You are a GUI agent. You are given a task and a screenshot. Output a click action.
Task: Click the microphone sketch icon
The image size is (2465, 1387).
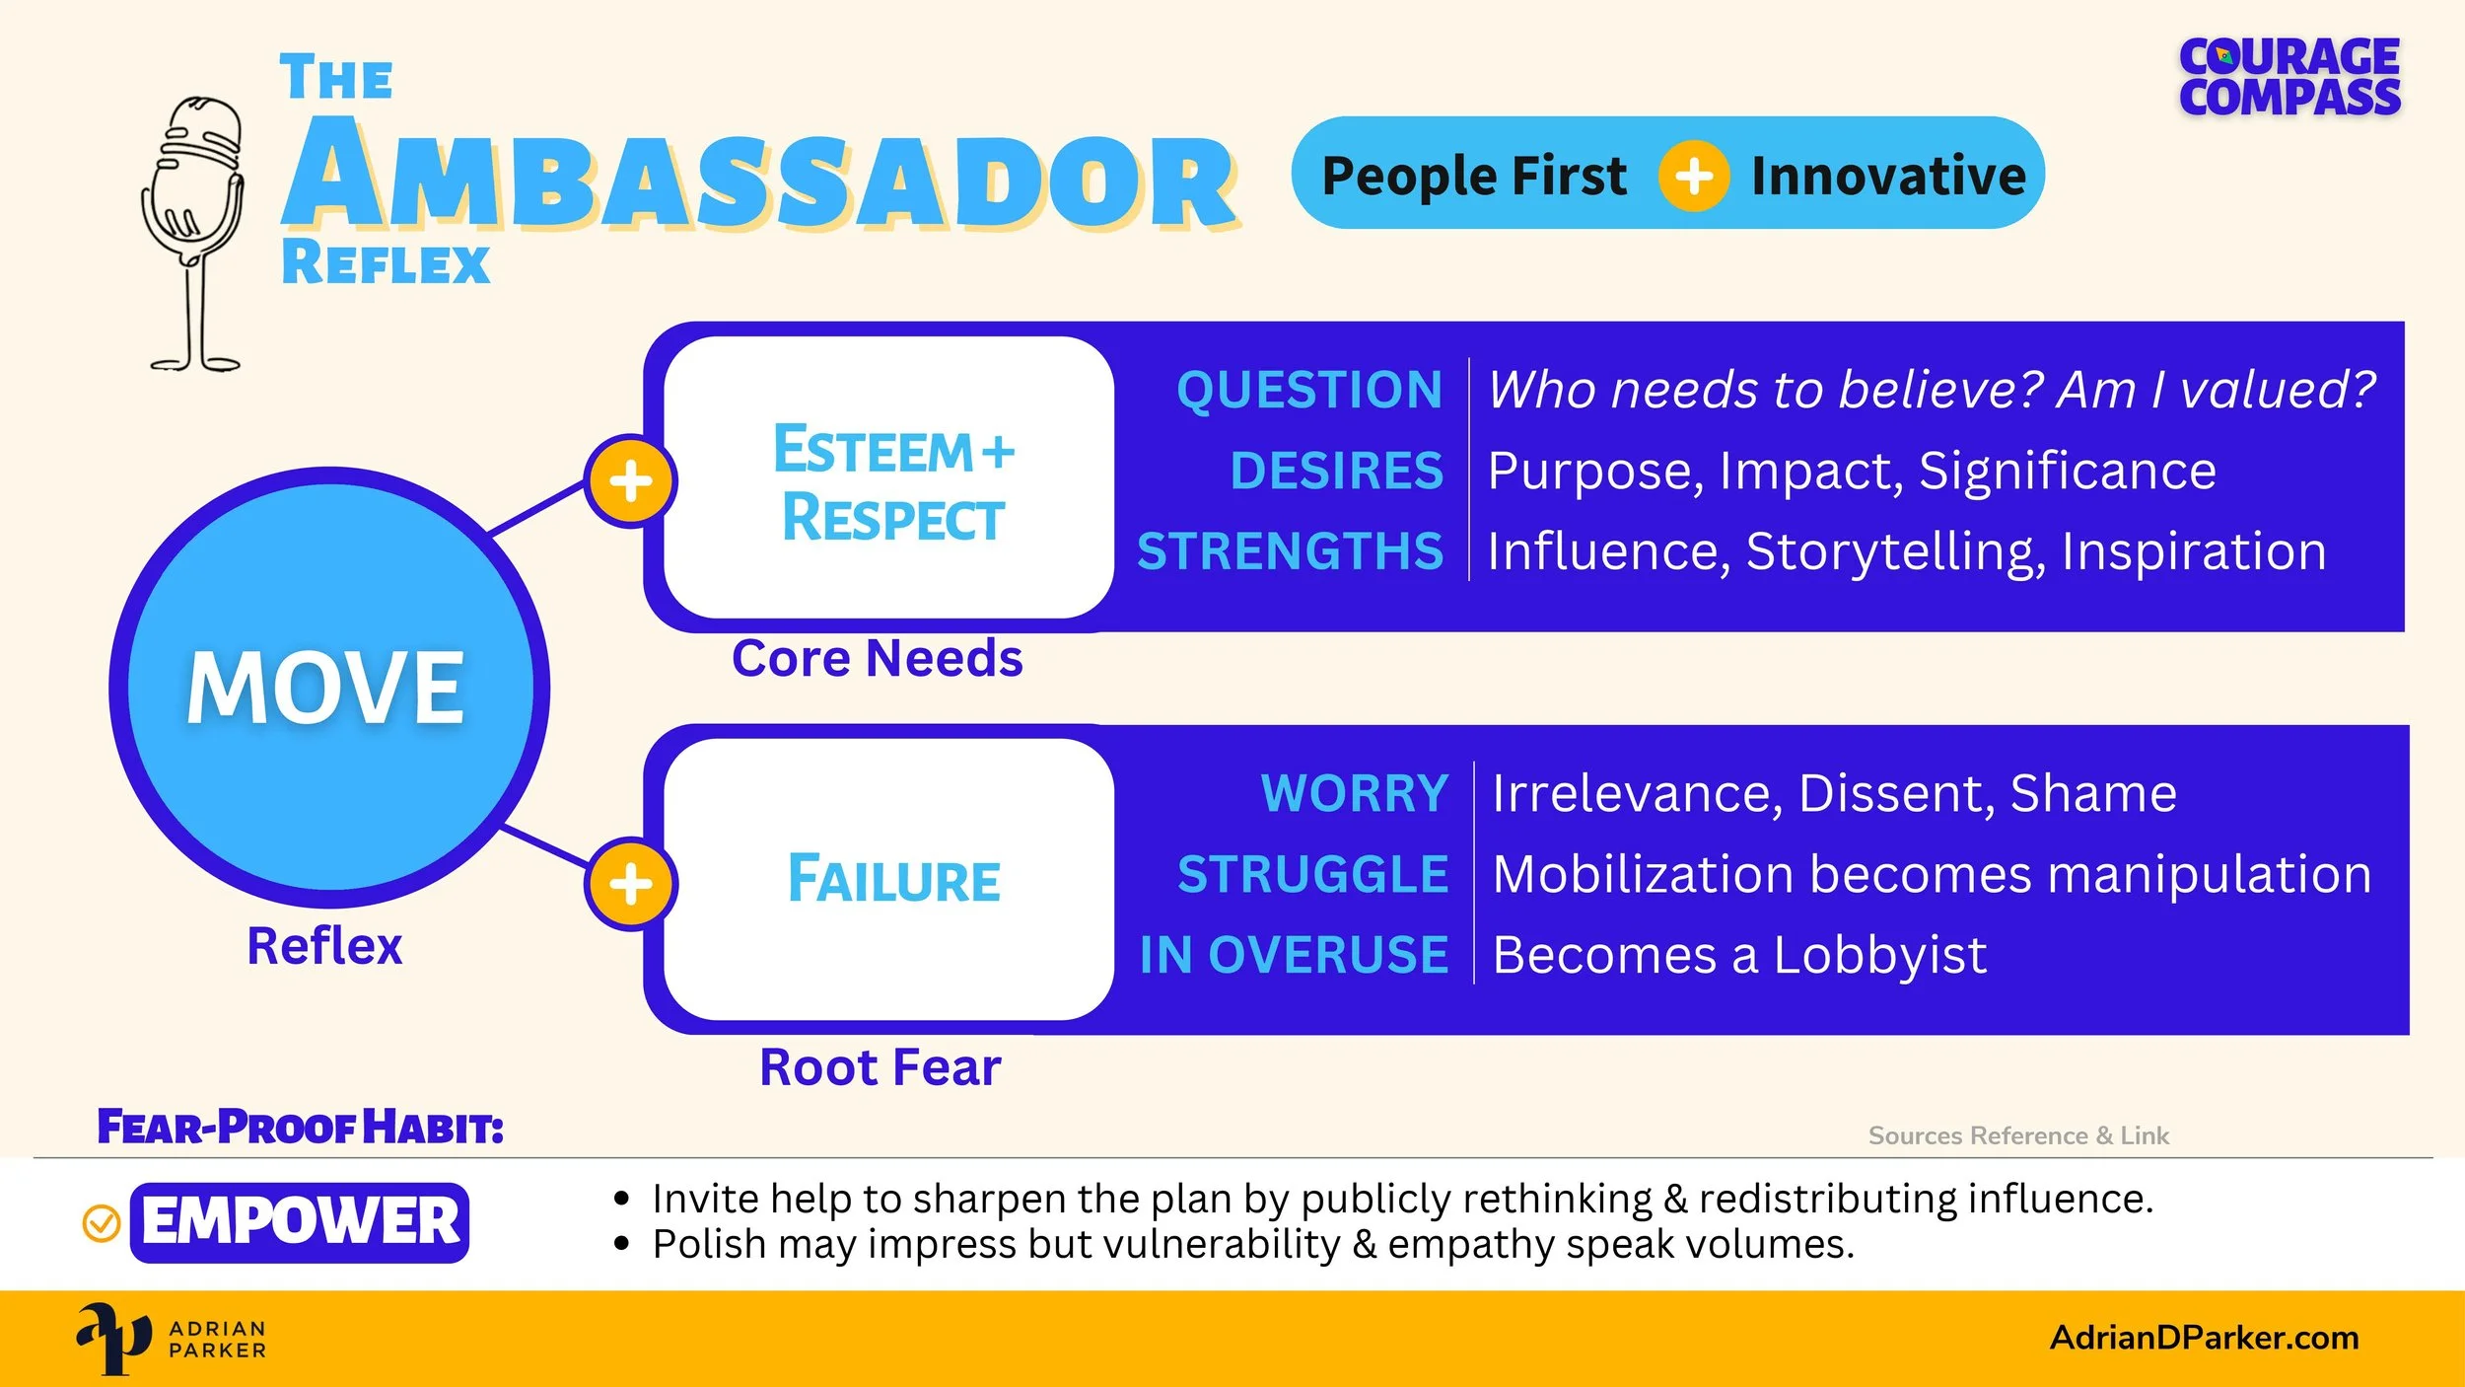(x=194, y=234)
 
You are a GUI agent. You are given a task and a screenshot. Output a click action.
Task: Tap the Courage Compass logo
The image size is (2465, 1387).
(x=2289, y=78)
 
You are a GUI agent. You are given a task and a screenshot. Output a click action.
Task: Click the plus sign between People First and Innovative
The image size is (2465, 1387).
(x=1693, y=177)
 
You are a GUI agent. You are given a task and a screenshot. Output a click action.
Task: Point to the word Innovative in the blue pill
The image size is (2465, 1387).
(x=1888, y=177)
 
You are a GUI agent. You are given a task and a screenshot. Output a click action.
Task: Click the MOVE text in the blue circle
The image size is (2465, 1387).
(x=325, y=688)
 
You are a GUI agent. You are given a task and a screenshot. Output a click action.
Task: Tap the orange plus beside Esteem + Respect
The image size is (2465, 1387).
(x=630, y=481)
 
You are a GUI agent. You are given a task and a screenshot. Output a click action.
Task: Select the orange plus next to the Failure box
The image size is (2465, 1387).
(x=630, y=884)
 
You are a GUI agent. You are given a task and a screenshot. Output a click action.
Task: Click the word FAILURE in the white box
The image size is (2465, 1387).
(x=893, y=879)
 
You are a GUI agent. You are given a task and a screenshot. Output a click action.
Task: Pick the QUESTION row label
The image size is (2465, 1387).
(x=1309, y=390)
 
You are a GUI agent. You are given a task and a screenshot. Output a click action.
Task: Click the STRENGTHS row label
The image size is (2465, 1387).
(x=1290, y=550)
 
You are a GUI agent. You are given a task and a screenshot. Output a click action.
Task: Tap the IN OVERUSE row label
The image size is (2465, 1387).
(x=1294, y=955)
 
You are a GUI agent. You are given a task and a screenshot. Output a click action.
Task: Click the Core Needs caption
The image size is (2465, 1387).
(x=878, y=658)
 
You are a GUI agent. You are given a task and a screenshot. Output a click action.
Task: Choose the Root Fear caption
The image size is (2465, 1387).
(x=880, y=1067)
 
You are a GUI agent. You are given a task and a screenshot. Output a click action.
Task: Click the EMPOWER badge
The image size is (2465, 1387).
(x=300, y=1222)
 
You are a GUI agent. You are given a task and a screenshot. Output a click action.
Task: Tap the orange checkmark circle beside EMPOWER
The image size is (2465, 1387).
(x=101, y=1223)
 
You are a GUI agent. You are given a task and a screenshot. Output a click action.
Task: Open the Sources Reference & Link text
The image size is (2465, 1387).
(x=2018, y=1135)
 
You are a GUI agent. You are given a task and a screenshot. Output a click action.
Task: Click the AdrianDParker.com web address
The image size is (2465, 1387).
(x=2205, y=1338)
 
